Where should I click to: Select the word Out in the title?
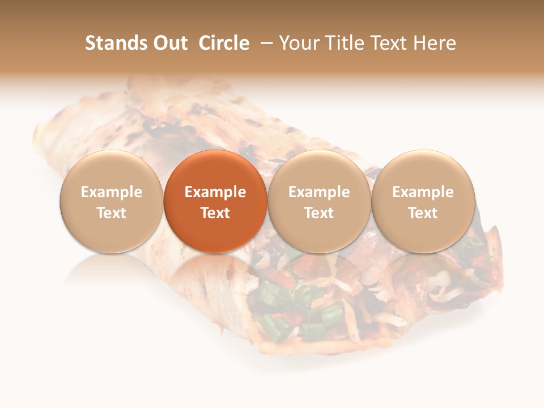tap(168, 43)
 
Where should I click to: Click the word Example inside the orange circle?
tap(215, 192)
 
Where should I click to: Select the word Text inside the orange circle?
tap(215, 213)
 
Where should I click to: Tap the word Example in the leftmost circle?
tap(112, 192)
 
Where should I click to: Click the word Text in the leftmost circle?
tap(112, 213)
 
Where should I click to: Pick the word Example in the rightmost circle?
tap(423, 192)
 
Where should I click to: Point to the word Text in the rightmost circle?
tap(423, 213)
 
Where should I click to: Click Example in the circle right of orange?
tap(319, 192)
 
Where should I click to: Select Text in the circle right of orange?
tap(319, 213)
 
